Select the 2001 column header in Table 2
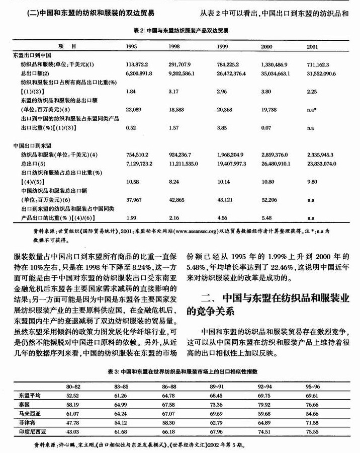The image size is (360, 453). (x=312, y=46)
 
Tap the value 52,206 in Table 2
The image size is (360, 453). (x=269, y=199)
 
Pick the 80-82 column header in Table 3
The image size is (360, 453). (x=73, y=386)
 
